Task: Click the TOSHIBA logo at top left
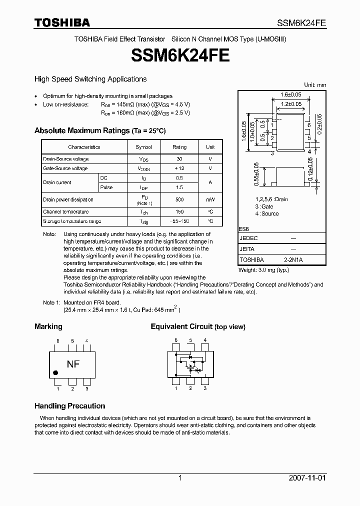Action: (62, 22)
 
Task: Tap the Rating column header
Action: (179, 147)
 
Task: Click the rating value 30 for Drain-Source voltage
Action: (179, 159)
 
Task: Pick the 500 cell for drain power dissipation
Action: (179, 199)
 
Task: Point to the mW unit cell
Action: (210, 199)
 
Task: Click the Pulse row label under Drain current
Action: (106, 187)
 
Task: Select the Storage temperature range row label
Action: (72, 221)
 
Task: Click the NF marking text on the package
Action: (73, 364)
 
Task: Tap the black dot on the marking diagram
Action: (56, 372)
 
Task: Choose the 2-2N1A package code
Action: (293, 260)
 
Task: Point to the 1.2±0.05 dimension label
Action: (290, 104)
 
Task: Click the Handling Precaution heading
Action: (69, 406)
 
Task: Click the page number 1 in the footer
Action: (180, 478)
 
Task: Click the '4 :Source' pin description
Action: (267, 213)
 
